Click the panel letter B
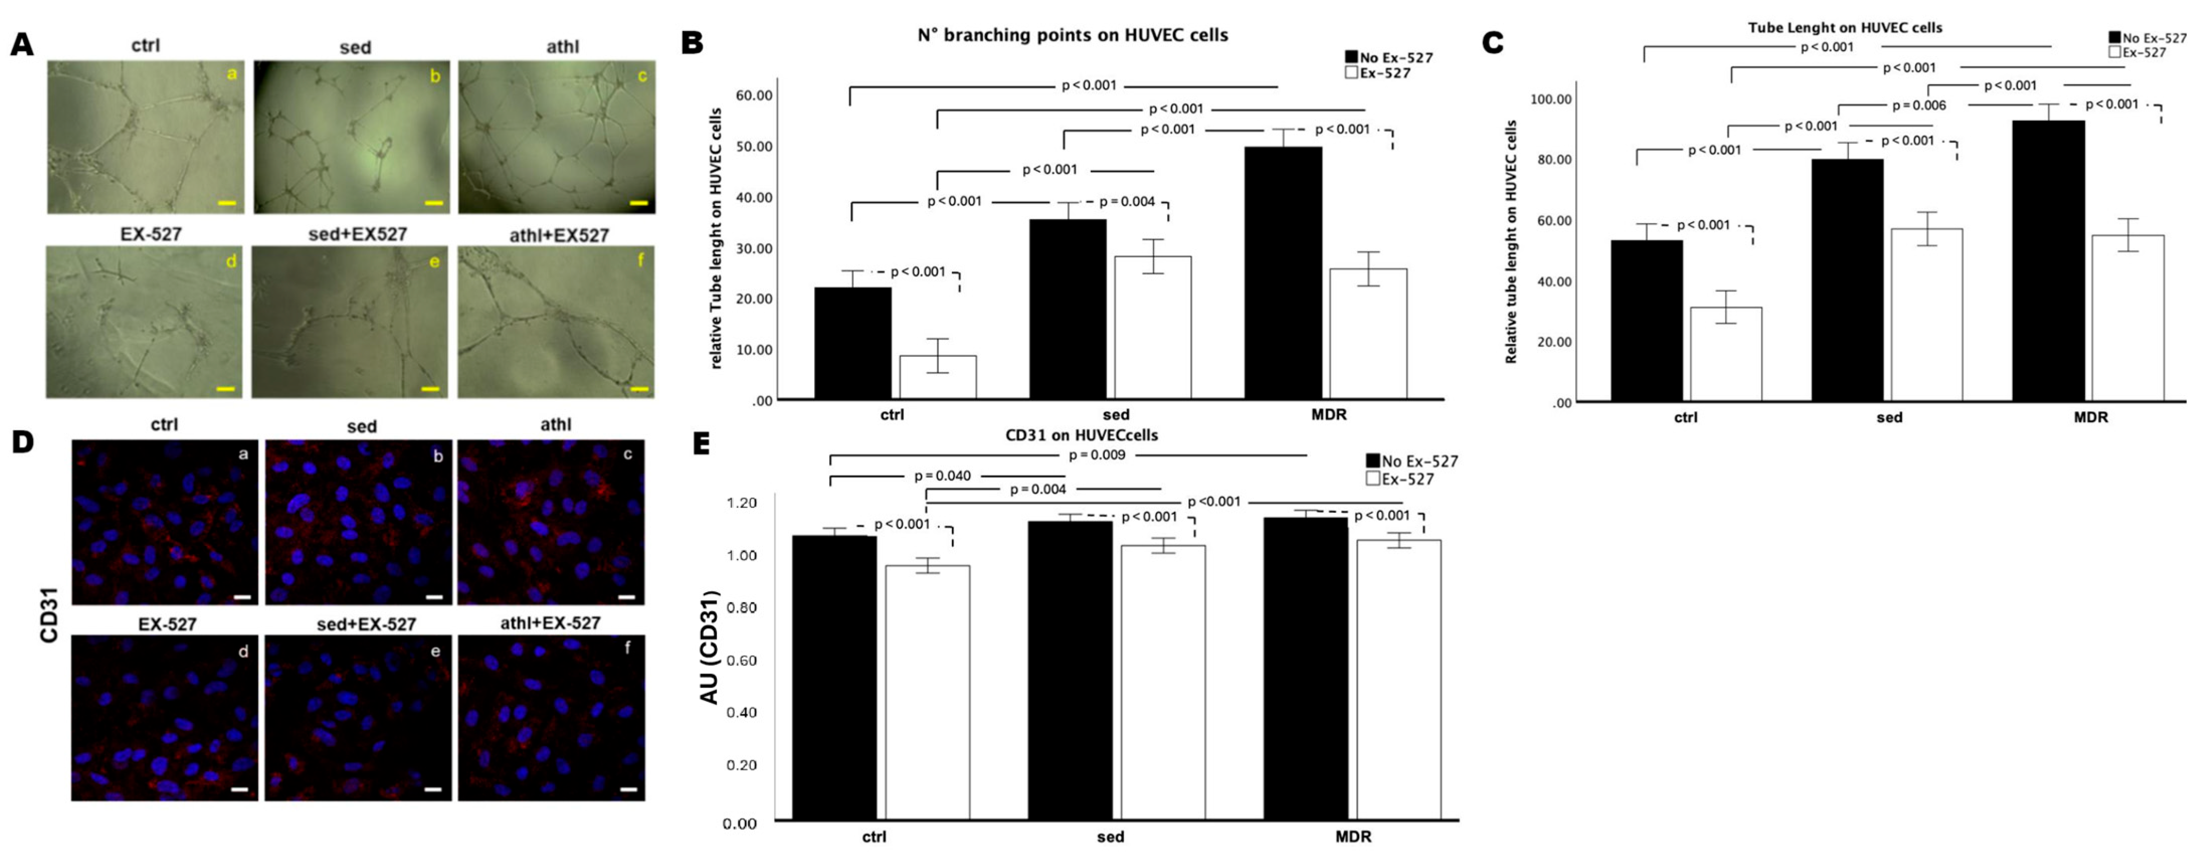pyautogui.click(x=693, y=43)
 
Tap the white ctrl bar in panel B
pyautogui.click(x=938, y=377)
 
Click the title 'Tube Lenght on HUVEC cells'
pyautogui.click(x=1845, y=28)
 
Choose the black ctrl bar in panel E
pyautogui.click(x=834, y=678)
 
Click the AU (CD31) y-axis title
pyautogui.click(x=710, y=647)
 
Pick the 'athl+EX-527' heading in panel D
pyautogui.click(x=550, y=623)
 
